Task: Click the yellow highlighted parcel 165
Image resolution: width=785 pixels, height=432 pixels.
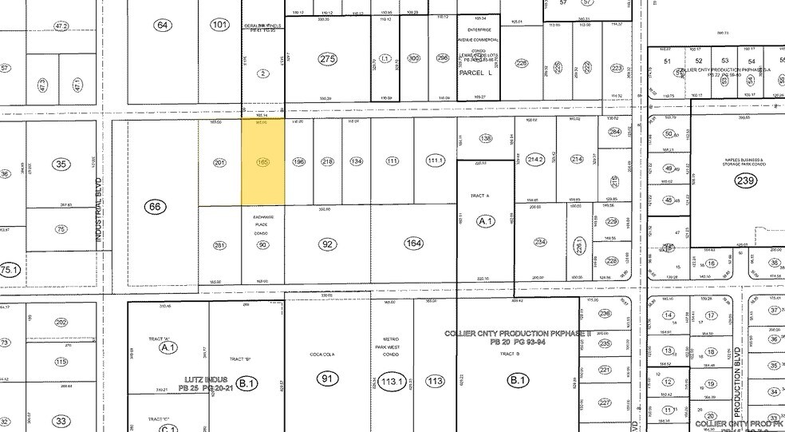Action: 263,162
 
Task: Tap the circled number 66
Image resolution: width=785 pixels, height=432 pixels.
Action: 155,208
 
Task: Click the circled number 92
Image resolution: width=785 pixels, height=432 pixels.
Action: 327,244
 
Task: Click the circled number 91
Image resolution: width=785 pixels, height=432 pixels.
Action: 325,378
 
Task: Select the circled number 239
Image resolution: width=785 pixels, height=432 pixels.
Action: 744,180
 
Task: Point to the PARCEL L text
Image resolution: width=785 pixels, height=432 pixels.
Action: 479,73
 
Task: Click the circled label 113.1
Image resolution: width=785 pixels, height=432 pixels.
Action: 392,381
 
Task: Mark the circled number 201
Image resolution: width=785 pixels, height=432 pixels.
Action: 220,163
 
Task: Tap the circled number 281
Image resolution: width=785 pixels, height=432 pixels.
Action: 220,245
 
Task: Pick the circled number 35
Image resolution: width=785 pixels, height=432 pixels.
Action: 61,165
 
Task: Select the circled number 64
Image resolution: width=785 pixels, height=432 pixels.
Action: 163,26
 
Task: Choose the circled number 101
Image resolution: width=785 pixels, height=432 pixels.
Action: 220,26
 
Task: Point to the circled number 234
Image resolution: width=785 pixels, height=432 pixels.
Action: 540,243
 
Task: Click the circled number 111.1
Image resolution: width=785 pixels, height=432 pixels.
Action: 435,161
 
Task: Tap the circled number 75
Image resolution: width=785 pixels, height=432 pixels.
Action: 61,229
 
